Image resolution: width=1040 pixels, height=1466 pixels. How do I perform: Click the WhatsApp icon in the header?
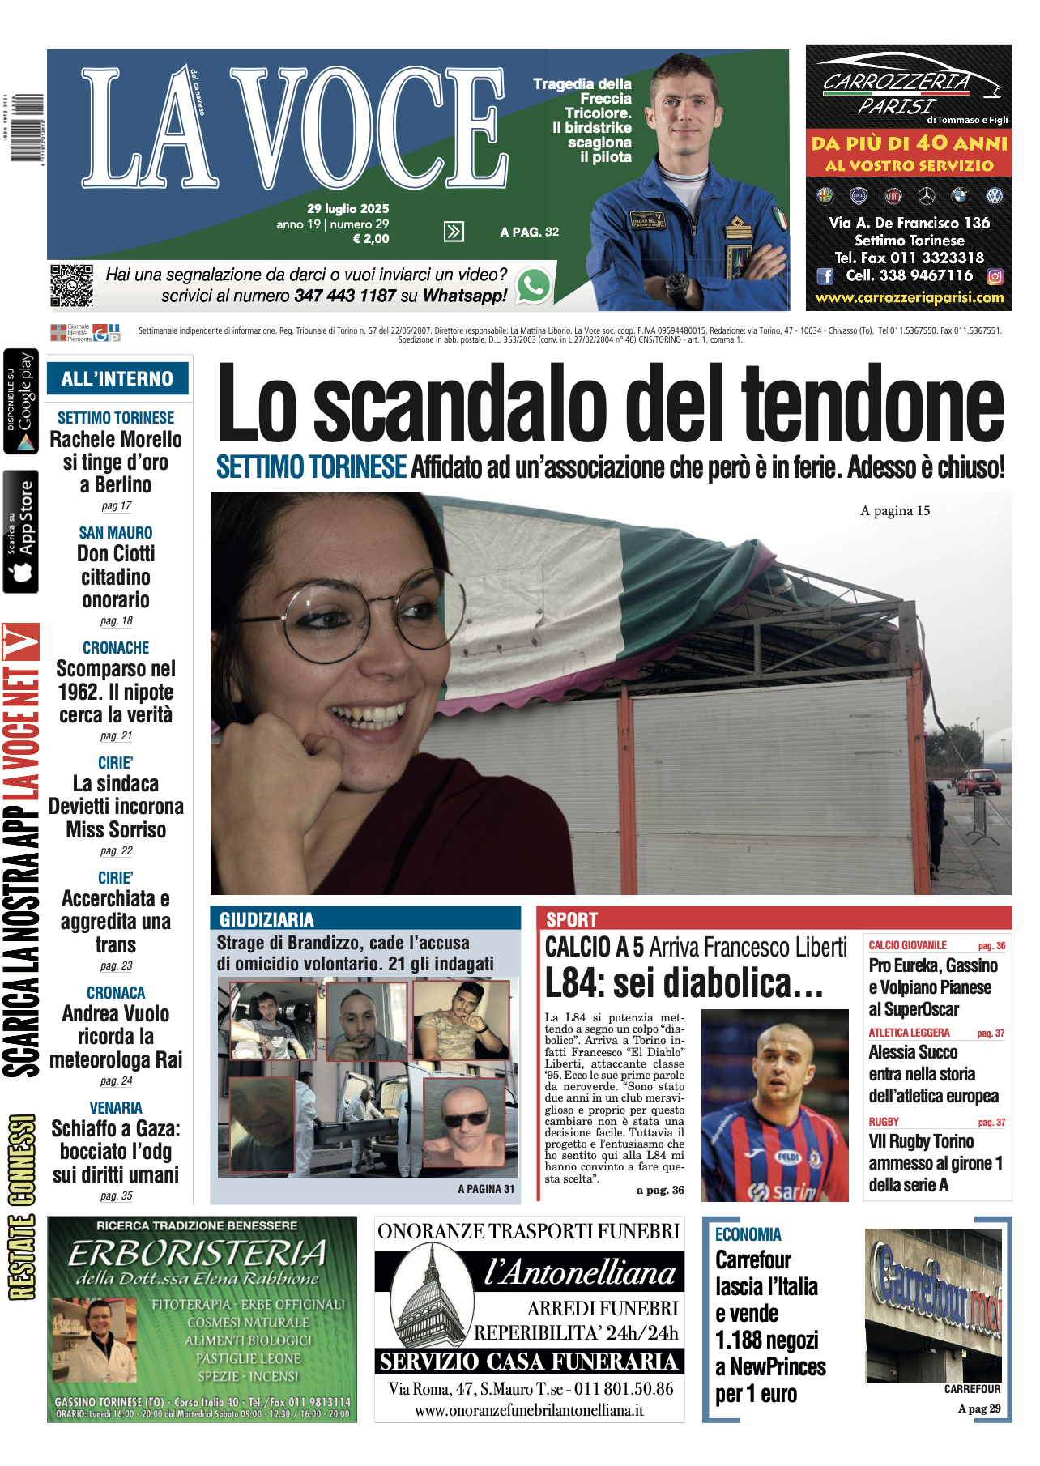534,285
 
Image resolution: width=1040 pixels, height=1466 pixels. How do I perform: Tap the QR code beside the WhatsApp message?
71,285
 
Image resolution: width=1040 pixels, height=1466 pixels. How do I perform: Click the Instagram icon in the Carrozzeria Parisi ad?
995,276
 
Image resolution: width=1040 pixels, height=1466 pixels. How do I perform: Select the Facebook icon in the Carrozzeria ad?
825,276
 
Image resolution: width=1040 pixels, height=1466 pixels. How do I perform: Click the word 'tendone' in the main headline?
872,403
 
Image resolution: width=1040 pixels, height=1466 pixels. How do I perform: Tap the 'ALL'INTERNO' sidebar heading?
117,378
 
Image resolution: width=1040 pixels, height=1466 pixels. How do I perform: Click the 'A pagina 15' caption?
895,510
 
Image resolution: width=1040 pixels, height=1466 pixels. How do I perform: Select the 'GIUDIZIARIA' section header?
266,919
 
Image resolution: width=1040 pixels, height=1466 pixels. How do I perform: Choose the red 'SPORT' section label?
572,919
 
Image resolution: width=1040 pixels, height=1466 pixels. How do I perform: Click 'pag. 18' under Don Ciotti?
116,620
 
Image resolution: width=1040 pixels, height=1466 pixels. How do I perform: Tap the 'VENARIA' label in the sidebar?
116,1107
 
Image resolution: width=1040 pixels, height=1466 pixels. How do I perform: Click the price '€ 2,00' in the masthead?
371,239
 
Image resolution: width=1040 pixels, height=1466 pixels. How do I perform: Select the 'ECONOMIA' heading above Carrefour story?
748,1234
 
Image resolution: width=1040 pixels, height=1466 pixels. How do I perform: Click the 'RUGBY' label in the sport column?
884,1122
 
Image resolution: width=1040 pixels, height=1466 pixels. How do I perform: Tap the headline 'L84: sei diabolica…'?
684,983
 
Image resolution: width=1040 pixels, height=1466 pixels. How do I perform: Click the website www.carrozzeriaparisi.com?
909,297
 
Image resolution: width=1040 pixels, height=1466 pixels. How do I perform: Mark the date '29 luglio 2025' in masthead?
347,208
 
